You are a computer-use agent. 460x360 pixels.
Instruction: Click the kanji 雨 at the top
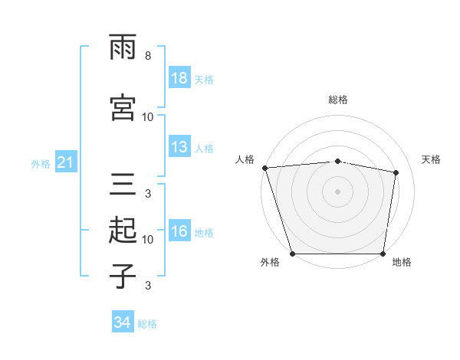(x=123, y=47)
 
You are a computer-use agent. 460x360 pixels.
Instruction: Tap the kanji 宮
(x=123, y=109)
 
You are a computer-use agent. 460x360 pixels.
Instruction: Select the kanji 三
(x=123, y=185)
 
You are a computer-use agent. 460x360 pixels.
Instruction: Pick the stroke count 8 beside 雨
(x=147, y=56)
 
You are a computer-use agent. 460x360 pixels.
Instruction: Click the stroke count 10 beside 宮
(x=148, y=117)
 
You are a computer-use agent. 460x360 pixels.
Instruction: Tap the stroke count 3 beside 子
(x=147, y=286)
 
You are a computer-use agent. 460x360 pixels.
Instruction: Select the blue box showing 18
(x=179, y=79)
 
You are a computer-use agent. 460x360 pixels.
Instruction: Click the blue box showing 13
(x=179, y=148)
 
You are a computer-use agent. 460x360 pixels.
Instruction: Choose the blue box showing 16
(x=179, y=232)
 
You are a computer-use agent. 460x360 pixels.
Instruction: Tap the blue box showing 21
(x=65, y=163)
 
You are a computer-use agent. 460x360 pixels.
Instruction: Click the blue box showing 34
(x=122, y=323)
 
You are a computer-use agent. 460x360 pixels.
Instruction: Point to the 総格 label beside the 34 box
(x=147, y=324)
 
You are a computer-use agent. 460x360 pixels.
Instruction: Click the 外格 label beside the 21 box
(x=41, y=164)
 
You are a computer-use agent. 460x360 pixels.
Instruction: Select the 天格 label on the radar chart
(x=432, y=159)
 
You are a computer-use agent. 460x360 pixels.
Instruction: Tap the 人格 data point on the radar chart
(x=264, y=168)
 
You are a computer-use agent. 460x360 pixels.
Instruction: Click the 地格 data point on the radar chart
(x=383, y=254)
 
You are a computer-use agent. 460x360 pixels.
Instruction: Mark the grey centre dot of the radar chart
(x=337, y=191)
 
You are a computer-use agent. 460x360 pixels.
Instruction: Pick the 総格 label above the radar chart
(x=337, y=100)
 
